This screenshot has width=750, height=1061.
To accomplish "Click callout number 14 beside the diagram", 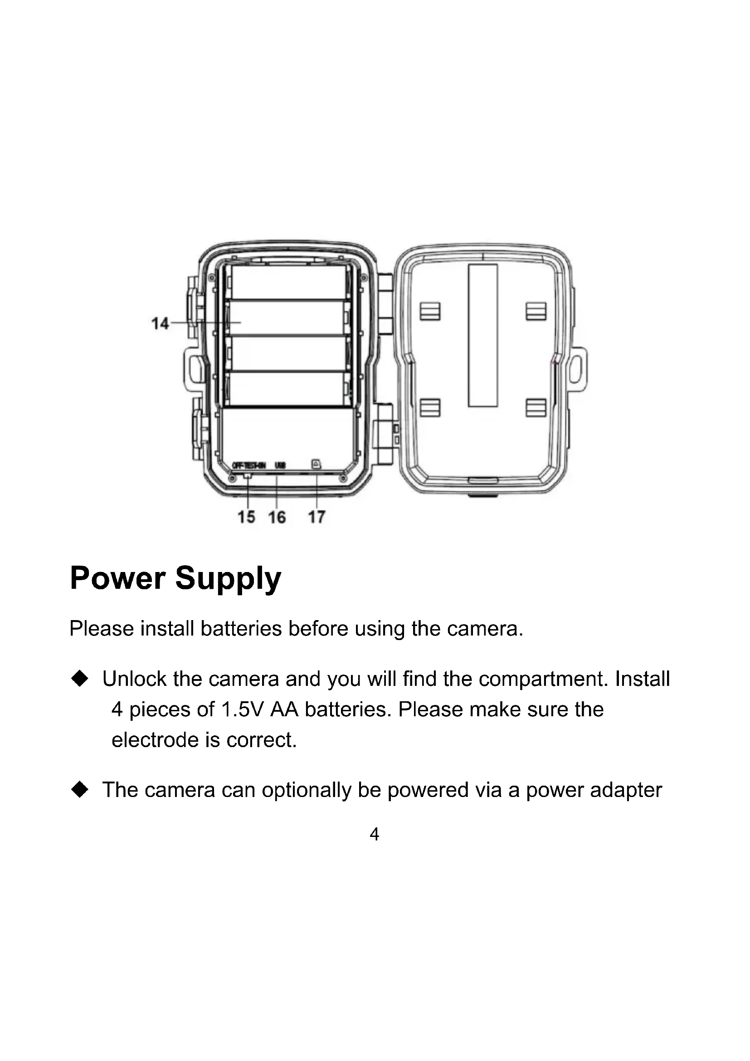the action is click(x=160, y=323).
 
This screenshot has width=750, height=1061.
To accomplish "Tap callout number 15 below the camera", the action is click(x=246, y=517).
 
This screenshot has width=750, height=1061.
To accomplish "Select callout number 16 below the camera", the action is click(x=277, y=517).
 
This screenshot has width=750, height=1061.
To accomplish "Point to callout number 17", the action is click(x=317, y=517).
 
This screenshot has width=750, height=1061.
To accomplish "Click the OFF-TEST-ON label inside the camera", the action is click(x=248, y=465).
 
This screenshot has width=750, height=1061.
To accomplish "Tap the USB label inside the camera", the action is click(x=280, y=465).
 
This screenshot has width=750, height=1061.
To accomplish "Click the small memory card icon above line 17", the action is click(x=317, y=464).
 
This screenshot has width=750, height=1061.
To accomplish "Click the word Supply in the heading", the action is click(x=228, y=578).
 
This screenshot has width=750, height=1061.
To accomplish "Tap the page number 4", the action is click(x=375, y=834).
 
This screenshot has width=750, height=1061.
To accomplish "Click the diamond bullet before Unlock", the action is click(x=80, y=679).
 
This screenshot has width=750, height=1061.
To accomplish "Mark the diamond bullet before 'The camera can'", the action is click(x=80, y=790).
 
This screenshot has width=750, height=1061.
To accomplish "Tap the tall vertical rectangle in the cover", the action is click(x=482, y=336).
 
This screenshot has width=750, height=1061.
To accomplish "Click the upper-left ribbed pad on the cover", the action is click(x=430, y=311).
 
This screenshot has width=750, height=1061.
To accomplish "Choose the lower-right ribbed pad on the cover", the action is click(x=536, y=408).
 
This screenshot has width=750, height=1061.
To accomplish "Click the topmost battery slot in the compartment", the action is click(x=288, y=282).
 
